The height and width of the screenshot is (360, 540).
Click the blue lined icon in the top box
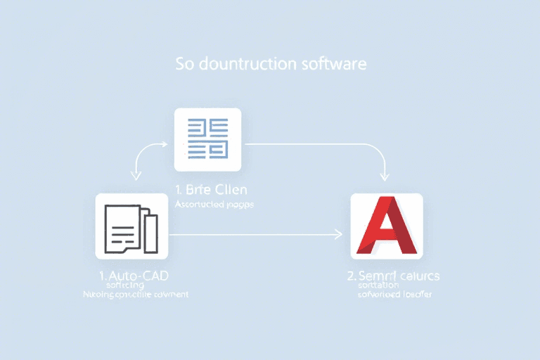(207, 139)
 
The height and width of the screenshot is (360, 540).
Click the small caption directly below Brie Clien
(213, 205)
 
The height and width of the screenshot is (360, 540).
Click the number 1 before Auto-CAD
(103, 275)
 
